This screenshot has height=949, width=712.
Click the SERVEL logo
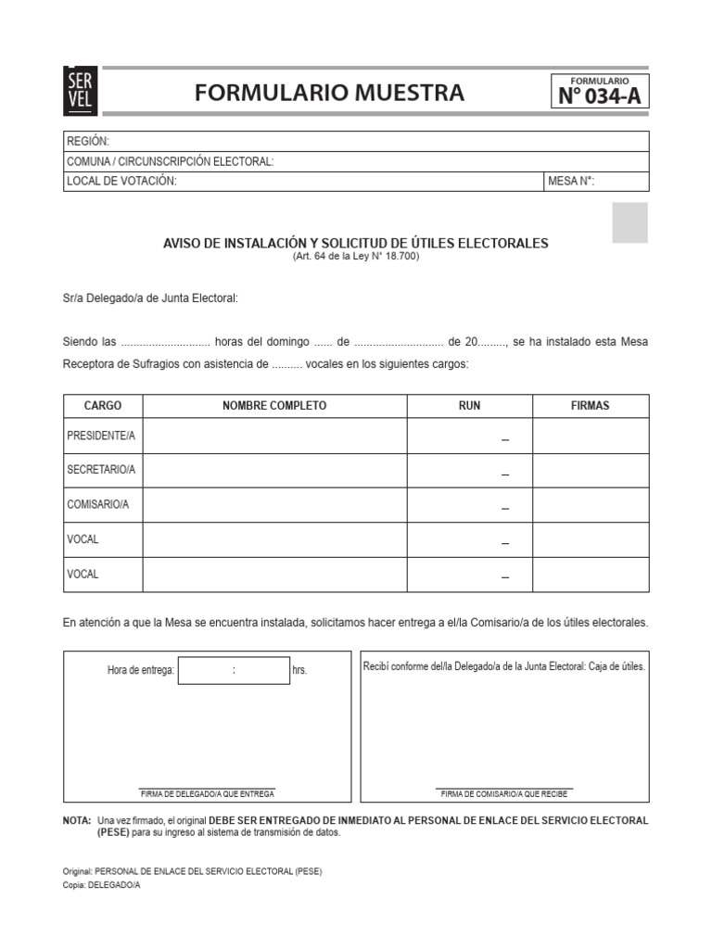pyautogui.click(x=78, y=91)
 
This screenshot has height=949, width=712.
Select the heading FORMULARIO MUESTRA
pyautogui.click(x=329, y=93)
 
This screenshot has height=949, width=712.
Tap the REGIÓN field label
pyautogui.click(x=88, y=142)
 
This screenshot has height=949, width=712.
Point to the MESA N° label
pyautogui.click(x=570, y=182)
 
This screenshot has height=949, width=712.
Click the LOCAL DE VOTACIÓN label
pyautogui.click(x=121, y=182)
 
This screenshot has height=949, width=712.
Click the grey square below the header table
pyautogui.click(x=629, y=222)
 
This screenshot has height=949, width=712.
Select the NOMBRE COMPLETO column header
pyautogui.click(x=274, y=406)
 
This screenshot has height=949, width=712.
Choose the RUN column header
pyautogui.click(x=470, y=406)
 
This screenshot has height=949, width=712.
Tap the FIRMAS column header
pyautogui.click(x=591, y=406)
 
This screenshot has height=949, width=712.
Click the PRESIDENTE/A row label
pyautogui.click(x=101, y=436)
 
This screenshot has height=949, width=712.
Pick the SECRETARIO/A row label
pyautogui.click(x=101, y=470)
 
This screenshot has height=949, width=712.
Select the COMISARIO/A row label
pyautogui.click(x=98, y=504)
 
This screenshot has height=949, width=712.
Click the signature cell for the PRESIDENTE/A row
pyautogui.click(x=591, y=436)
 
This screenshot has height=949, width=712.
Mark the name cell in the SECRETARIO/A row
pyautogui.click(x=274, y=470)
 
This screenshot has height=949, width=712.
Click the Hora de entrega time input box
pyautogui.click(x=234, y=670)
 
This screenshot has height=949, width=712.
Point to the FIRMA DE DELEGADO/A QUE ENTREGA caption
pyautogui.click(x=208, y=794)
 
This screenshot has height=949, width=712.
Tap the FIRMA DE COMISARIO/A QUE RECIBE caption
pyautogui.click(x=504, y=794)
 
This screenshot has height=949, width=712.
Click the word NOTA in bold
pyautogui.click(x=76, y=821)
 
